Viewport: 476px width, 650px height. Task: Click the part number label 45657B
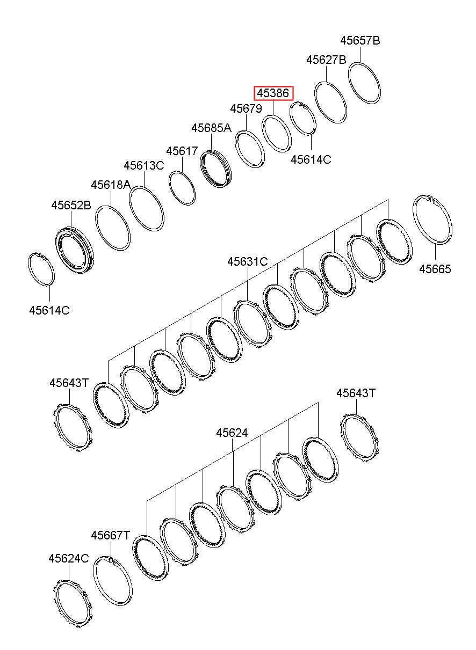click(x=360, y=41)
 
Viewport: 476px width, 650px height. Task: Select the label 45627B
click(x=327, y=60)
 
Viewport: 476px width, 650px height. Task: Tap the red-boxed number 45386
click(x=273, y=93)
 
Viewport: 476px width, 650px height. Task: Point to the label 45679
click(x=246, y=108)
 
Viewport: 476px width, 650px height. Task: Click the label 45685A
click(x=211, y=128)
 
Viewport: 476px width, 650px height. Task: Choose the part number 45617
click(x=182, y=151)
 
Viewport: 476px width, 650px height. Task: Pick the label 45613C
click(x=144, y=166)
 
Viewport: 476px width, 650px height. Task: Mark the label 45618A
click(x=111, y=185)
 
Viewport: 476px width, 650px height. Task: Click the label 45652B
click(x=71, y=205)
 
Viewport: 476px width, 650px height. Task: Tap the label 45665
click(x=435, y=269)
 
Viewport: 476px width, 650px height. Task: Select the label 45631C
click(x=248, y=261)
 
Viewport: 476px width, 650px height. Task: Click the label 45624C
click(x=69, y=558)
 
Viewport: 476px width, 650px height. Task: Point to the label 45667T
click(x=110, y=535)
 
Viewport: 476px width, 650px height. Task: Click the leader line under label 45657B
click(x=360, y=54)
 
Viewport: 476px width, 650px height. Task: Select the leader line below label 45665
click(x=435, y=252)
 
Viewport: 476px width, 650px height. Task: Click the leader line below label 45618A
click(x=111, y=198)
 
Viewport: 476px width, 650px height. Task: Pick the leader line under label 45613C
click(x=145, y=179)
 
